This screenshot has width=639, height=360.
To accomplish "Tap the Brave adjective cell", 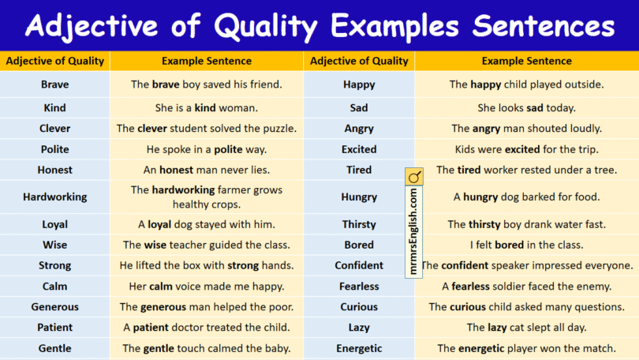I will (55, 84).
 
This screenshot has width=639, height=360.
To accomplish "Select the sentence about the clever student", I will (207, 128).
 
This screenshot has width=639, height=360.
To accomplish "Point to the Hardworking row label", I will (55, 197).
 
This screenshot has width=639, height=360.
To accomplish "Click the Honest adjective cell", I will (55, 170).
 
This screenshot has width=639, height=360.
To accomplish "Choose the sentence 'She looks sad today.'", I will (526, 107).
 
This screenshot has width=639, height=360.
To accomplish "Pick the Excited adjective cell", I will (359, 149).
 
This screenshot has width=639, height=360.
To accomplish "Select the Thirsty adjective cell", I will (359, 224).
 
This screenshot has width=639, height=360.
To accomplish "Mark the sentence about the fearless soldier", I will (526, 287).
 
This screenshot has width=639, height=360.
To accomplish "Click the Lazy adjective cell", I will (359, 327).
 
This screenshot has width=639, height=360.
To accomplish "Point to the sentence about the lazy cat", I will (526, 327).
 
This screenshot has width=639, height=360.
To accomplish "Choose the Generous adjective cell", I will (55, 307).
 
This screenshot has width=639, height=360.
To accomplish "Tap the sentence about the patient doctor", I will (207, 327).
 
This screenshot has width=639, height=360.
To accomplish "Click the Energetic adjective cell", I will (359, 348).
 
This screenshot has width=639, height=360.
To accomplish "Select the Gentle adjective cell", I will (55, 348).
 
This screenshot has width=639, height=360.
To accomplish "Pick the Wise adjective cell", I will (55, 245).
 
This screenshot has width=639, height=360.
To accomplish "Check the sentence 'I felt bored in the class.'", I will (526, 245).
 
